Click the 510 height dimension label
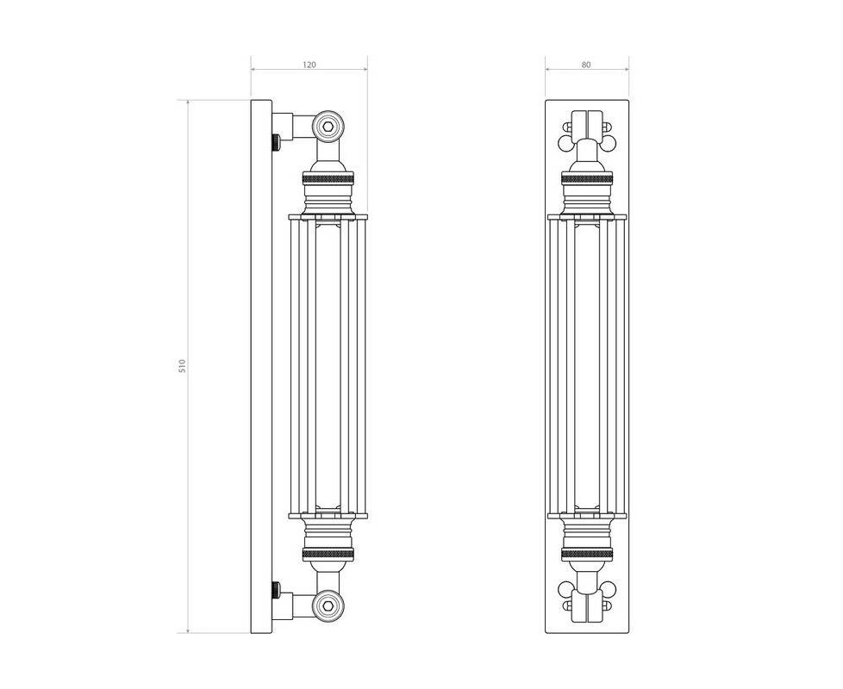pos(182,366)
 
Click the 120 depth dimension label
pos(309,65)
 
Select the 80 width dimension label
pos(586,65)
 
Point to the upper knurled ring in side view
pos(328,177)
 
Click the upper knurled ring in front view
pos(587,177)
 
